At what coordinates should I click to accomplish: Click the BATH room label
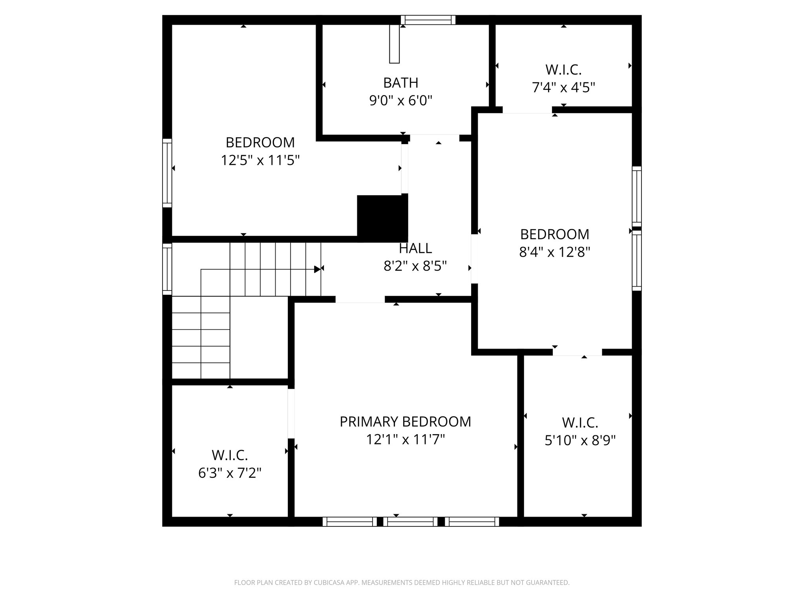tap(400, 83)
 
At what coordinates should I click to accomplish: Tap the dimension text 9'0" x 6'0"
tap(400, 101)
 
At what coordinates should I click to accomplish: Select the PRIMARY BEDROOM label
tap(405, 422)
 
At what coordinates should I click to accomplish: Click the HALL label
tap(415, 249)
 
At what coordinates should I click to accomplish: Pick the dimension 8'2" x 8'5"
tap(415, 267)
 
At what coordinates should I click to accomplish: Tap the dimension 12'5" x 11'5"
tap(260, 160)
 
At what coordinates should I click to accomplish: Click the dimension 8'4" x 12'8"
tap(555, 252)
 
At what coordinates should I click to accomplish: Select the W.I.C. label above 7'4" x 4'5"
tap(563, 70)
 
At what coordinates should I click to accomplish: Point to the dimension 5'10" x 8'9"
tap(580, 441)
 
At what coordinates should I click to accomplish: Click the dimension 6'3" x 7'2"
tap(230, 473)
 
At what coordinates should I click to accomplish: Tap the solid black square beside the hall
tap(382, 218)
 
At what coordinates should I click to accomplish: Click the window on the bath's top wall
tap(428, 20)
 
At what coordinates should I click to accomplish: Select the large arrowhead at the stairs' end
tap(317, 269)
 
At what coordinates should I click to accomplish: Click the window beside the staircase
tap(167, 269)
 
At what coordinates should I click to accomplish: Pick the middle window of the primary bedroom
tap(410, 521)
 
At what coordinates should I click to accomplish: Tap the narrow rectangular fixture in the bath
tap(394, 44)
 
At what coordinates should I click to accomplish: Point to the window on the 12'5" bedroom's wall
tap(167, 173)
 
